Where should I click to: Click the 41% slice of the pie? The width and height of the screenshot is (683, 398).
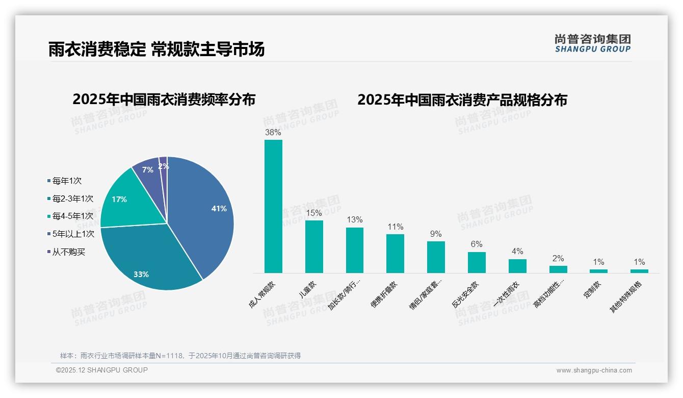(x=204, y=214)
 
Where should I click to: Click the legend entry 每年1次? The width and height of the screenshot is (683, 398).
(x=67, y=181)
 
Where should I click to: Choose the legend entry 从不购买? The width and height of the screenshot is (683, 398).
(x=68, y=252)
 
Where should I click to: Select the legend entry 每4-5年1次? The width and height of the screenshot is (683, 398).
(x=72, y=216)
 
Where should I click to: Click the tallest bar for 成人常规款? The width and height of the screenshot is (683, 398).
(x=273, y=207)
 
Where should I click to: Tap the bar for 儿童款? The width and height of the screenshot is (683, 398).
(x=314, y=246)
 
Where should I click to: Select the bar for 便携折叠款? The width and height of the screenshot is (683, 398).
(x=395, y=254)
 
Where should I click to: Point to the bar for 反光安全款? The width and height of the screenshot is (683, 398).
(x=477, y=262)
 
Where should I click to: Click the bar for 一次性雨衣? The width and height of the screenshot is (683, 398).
(x=517, y=266)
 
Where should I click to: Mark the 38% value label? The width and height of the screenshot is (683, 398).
(x=273, y=133)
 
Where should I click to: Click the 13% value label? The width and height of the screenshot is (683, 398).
(x=355, y=220)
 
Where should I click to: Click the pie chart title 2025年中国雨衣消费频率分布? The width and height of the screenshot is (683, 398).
(x=164, y=99)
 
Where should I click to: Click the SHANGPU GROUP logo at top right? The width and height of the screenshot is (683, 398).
(x=593, y=43)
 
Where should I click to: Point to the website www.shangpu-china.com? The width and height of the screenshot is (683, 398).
(x=594, y=370)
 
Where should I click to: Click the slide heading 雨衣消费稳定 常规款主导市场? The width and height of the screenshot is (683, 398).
(x=157, y=49)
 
